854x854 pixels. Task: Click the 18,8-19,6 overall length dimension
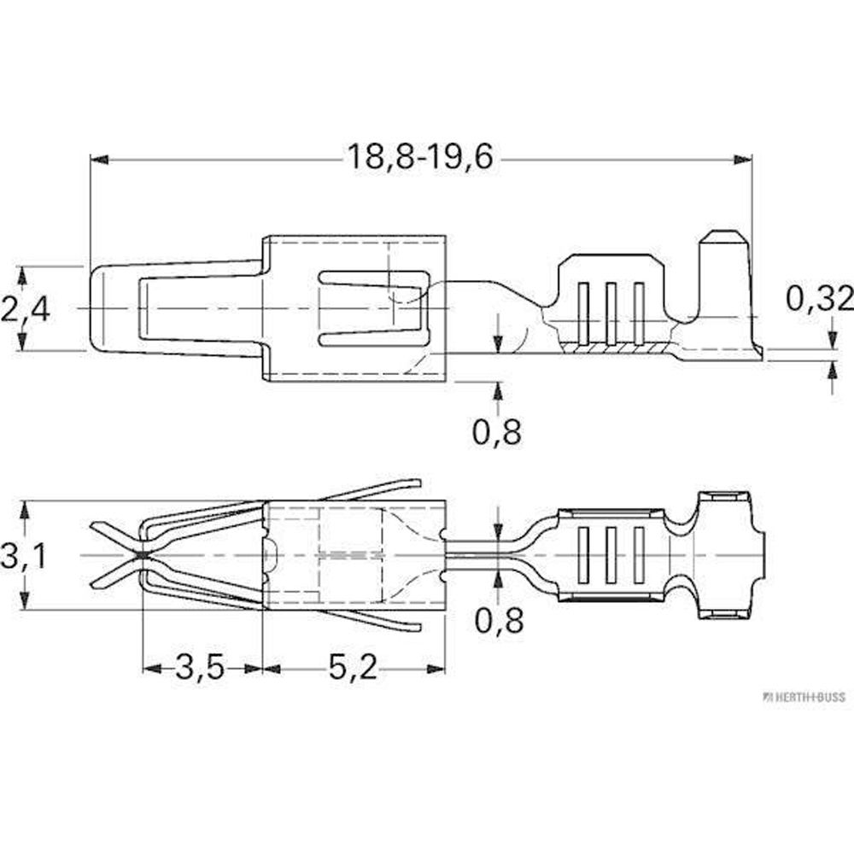point(420,157)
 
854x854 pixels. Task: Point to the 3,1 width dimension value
point(25,556)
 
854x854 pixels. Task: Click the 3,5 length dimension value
point(200,667)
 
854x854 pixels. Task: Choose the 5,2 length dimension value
point(353,667)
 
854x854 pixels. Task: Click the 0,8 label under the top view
point(497,432)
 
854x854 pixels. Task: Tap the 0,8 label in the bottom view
point(499,620)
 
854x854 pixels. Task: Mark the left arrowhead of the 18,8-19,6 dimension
point(99,161)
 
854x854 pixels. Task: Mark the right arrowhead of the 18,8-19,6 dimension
point(742,161)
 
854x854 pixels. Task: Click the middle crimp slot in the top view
point(611,313)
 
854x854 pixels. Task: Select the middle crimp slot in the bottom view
point(611,555)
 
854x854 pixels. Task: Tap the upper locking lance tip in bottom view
point(418,483)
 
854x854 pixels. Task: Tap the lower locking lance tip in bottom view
point(418,627)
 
